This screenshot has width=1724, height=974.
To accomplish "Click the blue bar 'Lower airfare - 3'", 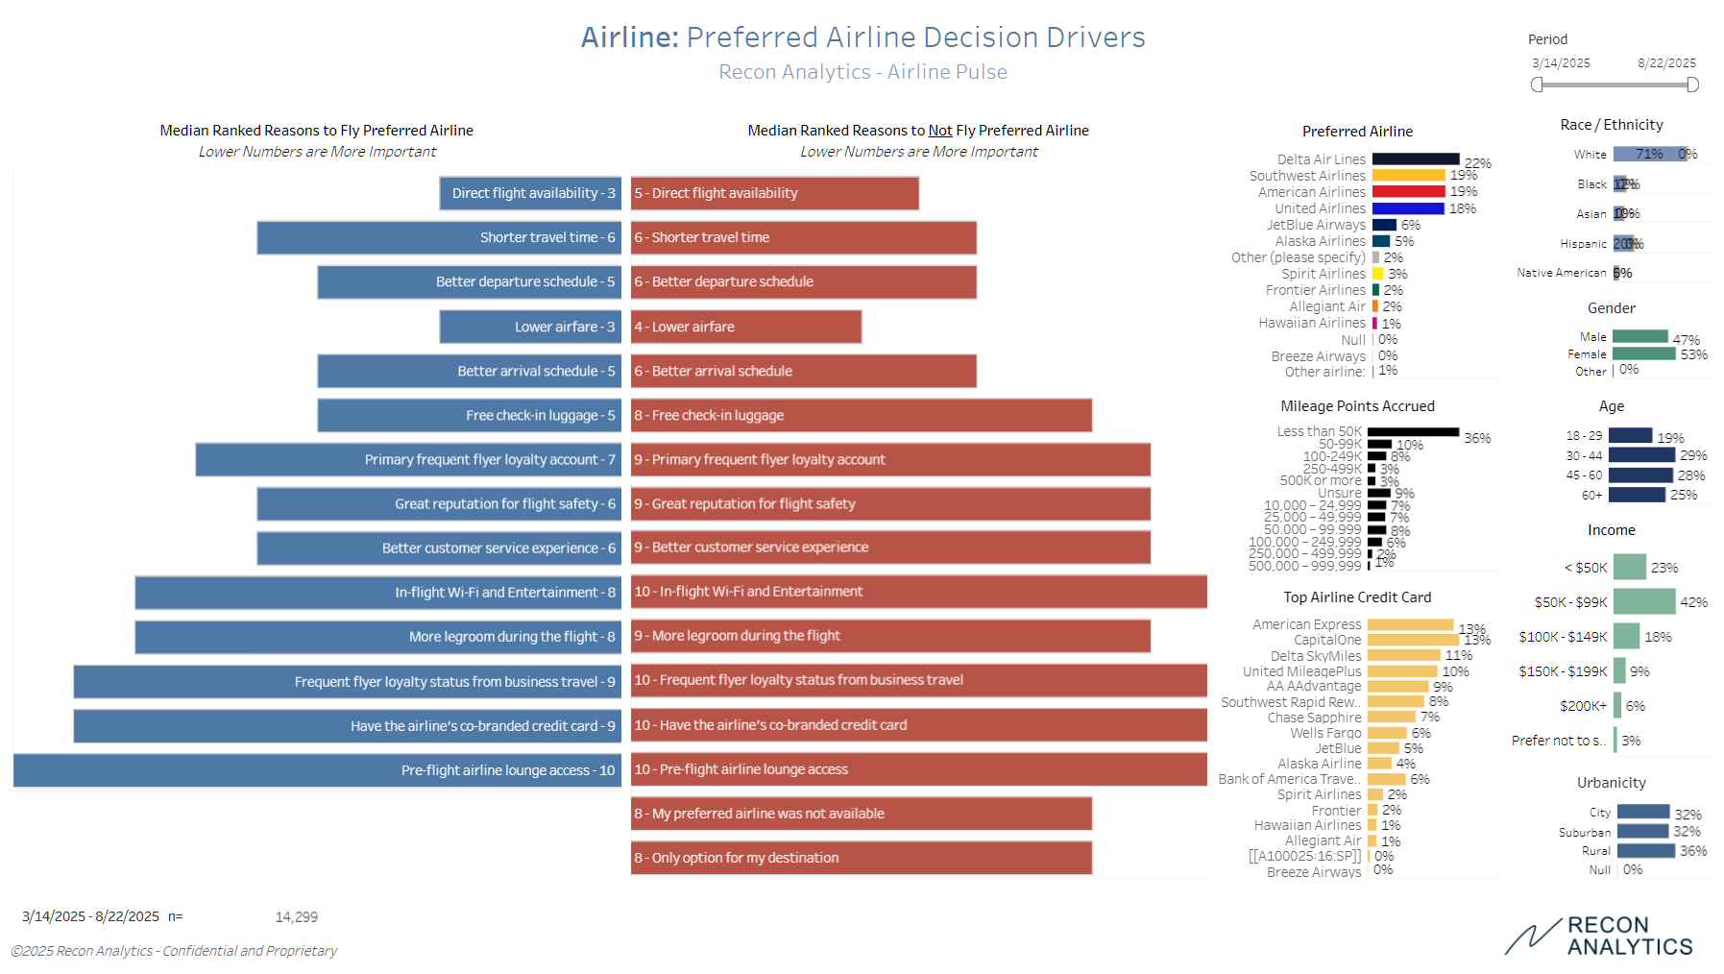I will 530,327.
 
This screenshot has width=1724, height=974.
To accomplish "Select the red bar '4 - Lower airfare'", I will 745,327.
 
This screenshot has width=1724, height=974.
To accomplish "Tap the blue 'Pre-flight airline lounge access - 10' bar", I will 317,770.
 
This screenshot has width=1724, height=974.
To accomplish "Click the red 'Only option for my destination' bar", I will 861,858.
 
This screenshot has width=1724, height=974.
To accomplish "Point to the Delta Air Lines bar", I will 1416,159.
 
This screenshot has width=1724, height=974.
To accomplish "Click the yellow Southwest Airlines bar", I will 1408,176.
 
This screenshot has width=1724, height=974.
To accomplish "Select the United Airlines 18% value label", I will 1463,208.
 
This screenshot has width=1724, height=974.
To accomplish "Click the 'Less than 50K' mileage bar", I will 1413,432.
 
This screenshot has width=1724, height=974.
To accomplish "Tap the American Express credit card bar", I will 1410,625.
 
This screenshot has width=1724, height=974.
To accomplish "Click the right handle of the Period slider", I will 1692,85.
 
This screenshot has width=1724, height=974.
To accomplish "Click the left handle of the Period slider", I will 1537,85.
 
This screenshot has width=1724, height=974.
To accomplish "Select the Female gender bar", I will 1643,354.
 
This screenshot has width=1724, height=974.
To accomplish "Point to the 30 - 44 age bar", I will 1641,455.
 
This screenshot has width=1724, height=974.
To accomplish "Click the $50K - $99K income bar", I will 1643,602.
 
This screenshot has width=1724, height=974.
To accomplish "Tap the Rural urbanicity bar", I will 1645,851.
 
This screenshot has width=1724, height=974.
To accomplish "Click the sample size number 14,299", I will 296,917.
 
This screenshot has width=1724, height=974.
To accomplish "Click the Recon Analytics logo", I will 1599,937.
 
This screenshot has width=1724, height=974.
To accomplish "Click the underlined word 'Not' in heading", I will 940,131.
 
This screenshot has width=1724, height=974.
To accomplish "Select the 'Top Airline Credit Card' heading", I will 1357,597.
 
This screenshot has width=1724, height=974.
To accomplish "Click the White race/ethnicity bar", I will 1648,154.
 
